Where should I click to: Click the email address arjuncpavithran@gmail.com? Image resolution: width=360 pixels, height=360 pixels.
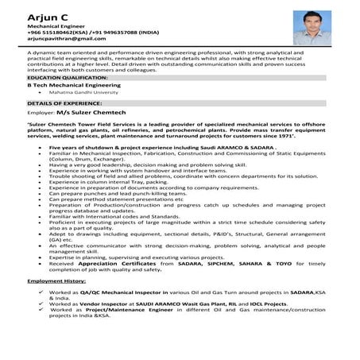[x=66, y=38]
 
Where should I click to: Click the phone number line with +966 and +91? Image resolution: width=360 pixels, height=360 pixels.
[x=75, y=32]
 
